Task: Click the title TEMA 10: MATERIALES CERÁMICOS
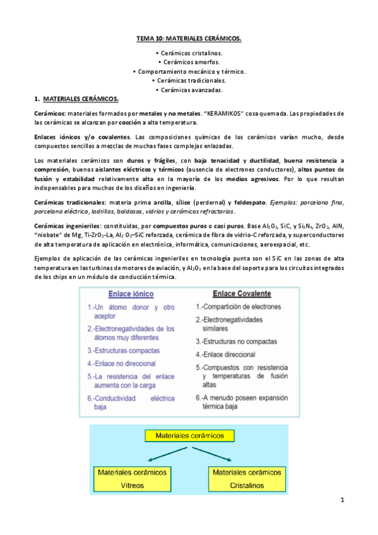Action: tap(189, 39)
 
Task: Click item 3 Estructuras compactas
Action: tap(124, 350)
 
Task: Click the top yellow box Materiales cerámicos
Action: tap(189, 435)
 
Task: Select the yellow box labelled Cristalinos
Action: tap(247, 478)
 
